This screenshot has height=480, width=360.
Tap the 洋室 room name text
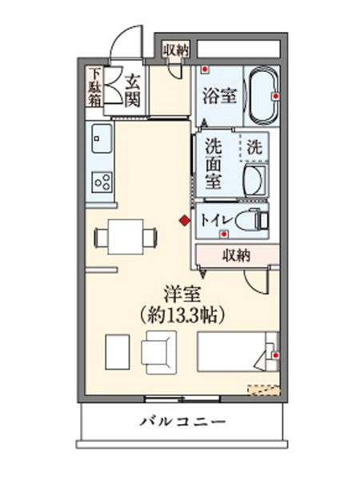pyautogui.click(x=182, y=294)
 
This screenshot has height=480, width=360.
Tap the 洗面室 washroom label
pyautogui.click(x=213, y=163)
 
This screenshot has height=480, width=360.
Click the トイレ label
pyautogui.click(x=217, y=218)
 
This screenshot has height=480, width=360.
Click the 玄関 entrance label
pyautogui.click(x=133, y=89)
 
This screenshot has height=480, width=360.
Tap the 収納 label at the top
pyautogui.click(x=176, y=50)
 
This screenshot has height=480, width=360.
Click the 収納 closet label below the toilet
pyautogui.click(x=235, y=256)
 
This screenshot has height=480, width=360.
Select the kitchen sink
pyautogui.click(x=100, y=141)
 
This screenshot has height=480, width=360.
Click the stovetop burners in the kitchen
pyautogui.click(x=101, y=182)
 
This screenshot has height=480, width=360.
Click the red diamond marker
pyautogui.click(x=184, y=221)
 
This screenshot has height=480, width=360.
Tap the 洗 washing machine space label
pyautogui.click(x=254, y=147)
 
